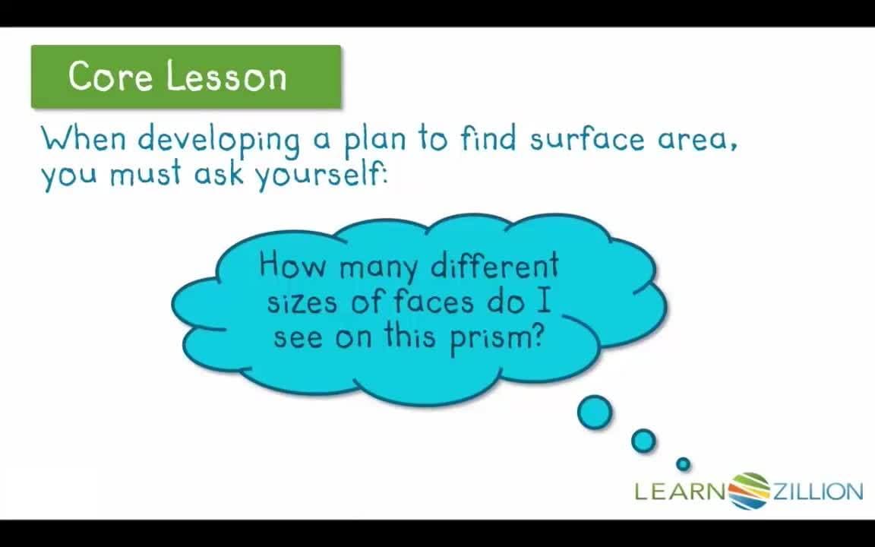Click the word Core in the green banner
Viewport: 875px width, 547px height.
click(x=109, y=76)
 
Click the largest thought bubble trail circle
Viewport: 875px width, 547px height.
click(x=594, y=413)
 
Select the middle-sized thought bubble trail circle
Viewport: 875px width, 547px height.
click(x=643, y=441)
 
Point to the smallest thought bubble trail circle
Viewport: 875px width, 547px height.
click(x=683, y=463)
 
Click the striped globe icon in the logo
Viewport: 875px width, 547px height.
click(x=750, y=491)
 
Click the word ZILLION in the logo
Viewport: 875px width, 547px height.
click(x=817, y=492)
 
